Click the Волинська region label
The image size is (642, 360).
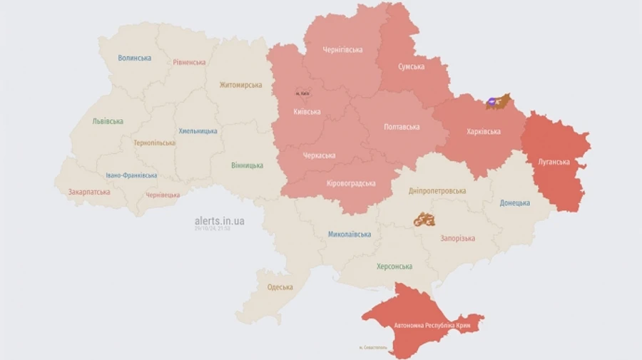134,58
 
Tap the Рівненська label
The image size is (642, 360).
189,62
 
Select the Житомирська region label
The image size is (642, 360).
240,85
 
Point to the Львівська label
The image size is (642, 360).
108,121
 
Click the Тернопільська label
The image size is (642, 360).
154,143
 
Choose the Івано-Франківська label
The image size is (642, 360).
131,175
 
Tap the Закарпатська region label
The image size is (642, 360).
89,192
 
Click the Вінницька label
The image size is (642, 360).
247,165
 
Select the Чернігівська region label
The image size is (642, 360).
342,50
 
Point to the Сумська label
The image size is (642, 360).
411,67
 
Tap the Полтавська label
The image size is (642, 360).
402,127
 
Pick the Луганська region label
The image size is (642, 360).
554,162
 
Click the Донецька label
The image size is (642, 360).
514,203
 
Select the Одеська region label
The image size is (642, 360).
280,287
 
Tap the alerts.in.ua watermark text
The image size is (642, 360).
219,221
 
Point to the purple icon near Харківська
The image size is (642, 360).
492,103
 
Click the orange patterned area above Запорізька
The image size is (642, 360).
424,220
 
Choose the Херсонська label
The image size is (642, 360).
394,267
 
